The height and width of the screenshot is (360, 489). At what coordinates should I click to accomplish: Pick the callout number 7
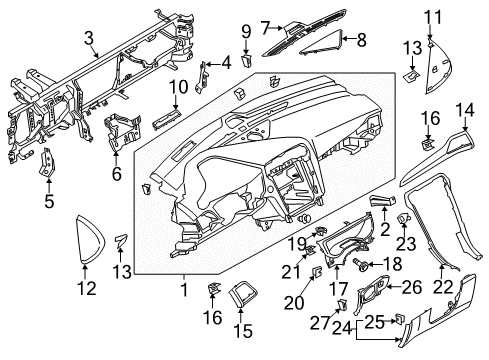[x=265, y=25]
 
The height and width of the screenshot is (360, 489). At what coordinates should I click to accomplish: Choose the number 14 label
[x=464, y=110]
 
